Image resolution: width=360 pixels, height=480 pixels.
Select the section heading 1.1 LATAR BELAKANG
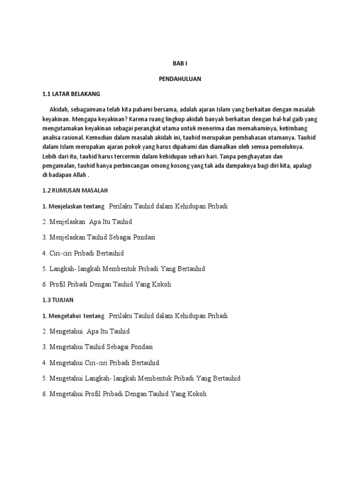pos(71,94)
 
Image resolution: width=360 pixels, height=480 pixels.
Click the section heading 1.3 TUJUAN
pos(58,300)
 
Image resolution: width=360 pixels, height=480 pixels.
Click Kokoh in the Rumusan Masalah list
pos(161,284)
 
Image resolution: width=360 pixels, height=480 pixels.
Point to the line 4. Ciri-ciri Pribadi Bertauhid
pos(83,253)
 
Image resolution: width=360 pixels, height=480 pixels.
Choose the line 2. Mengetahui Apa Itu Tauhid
pos(86,331)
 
